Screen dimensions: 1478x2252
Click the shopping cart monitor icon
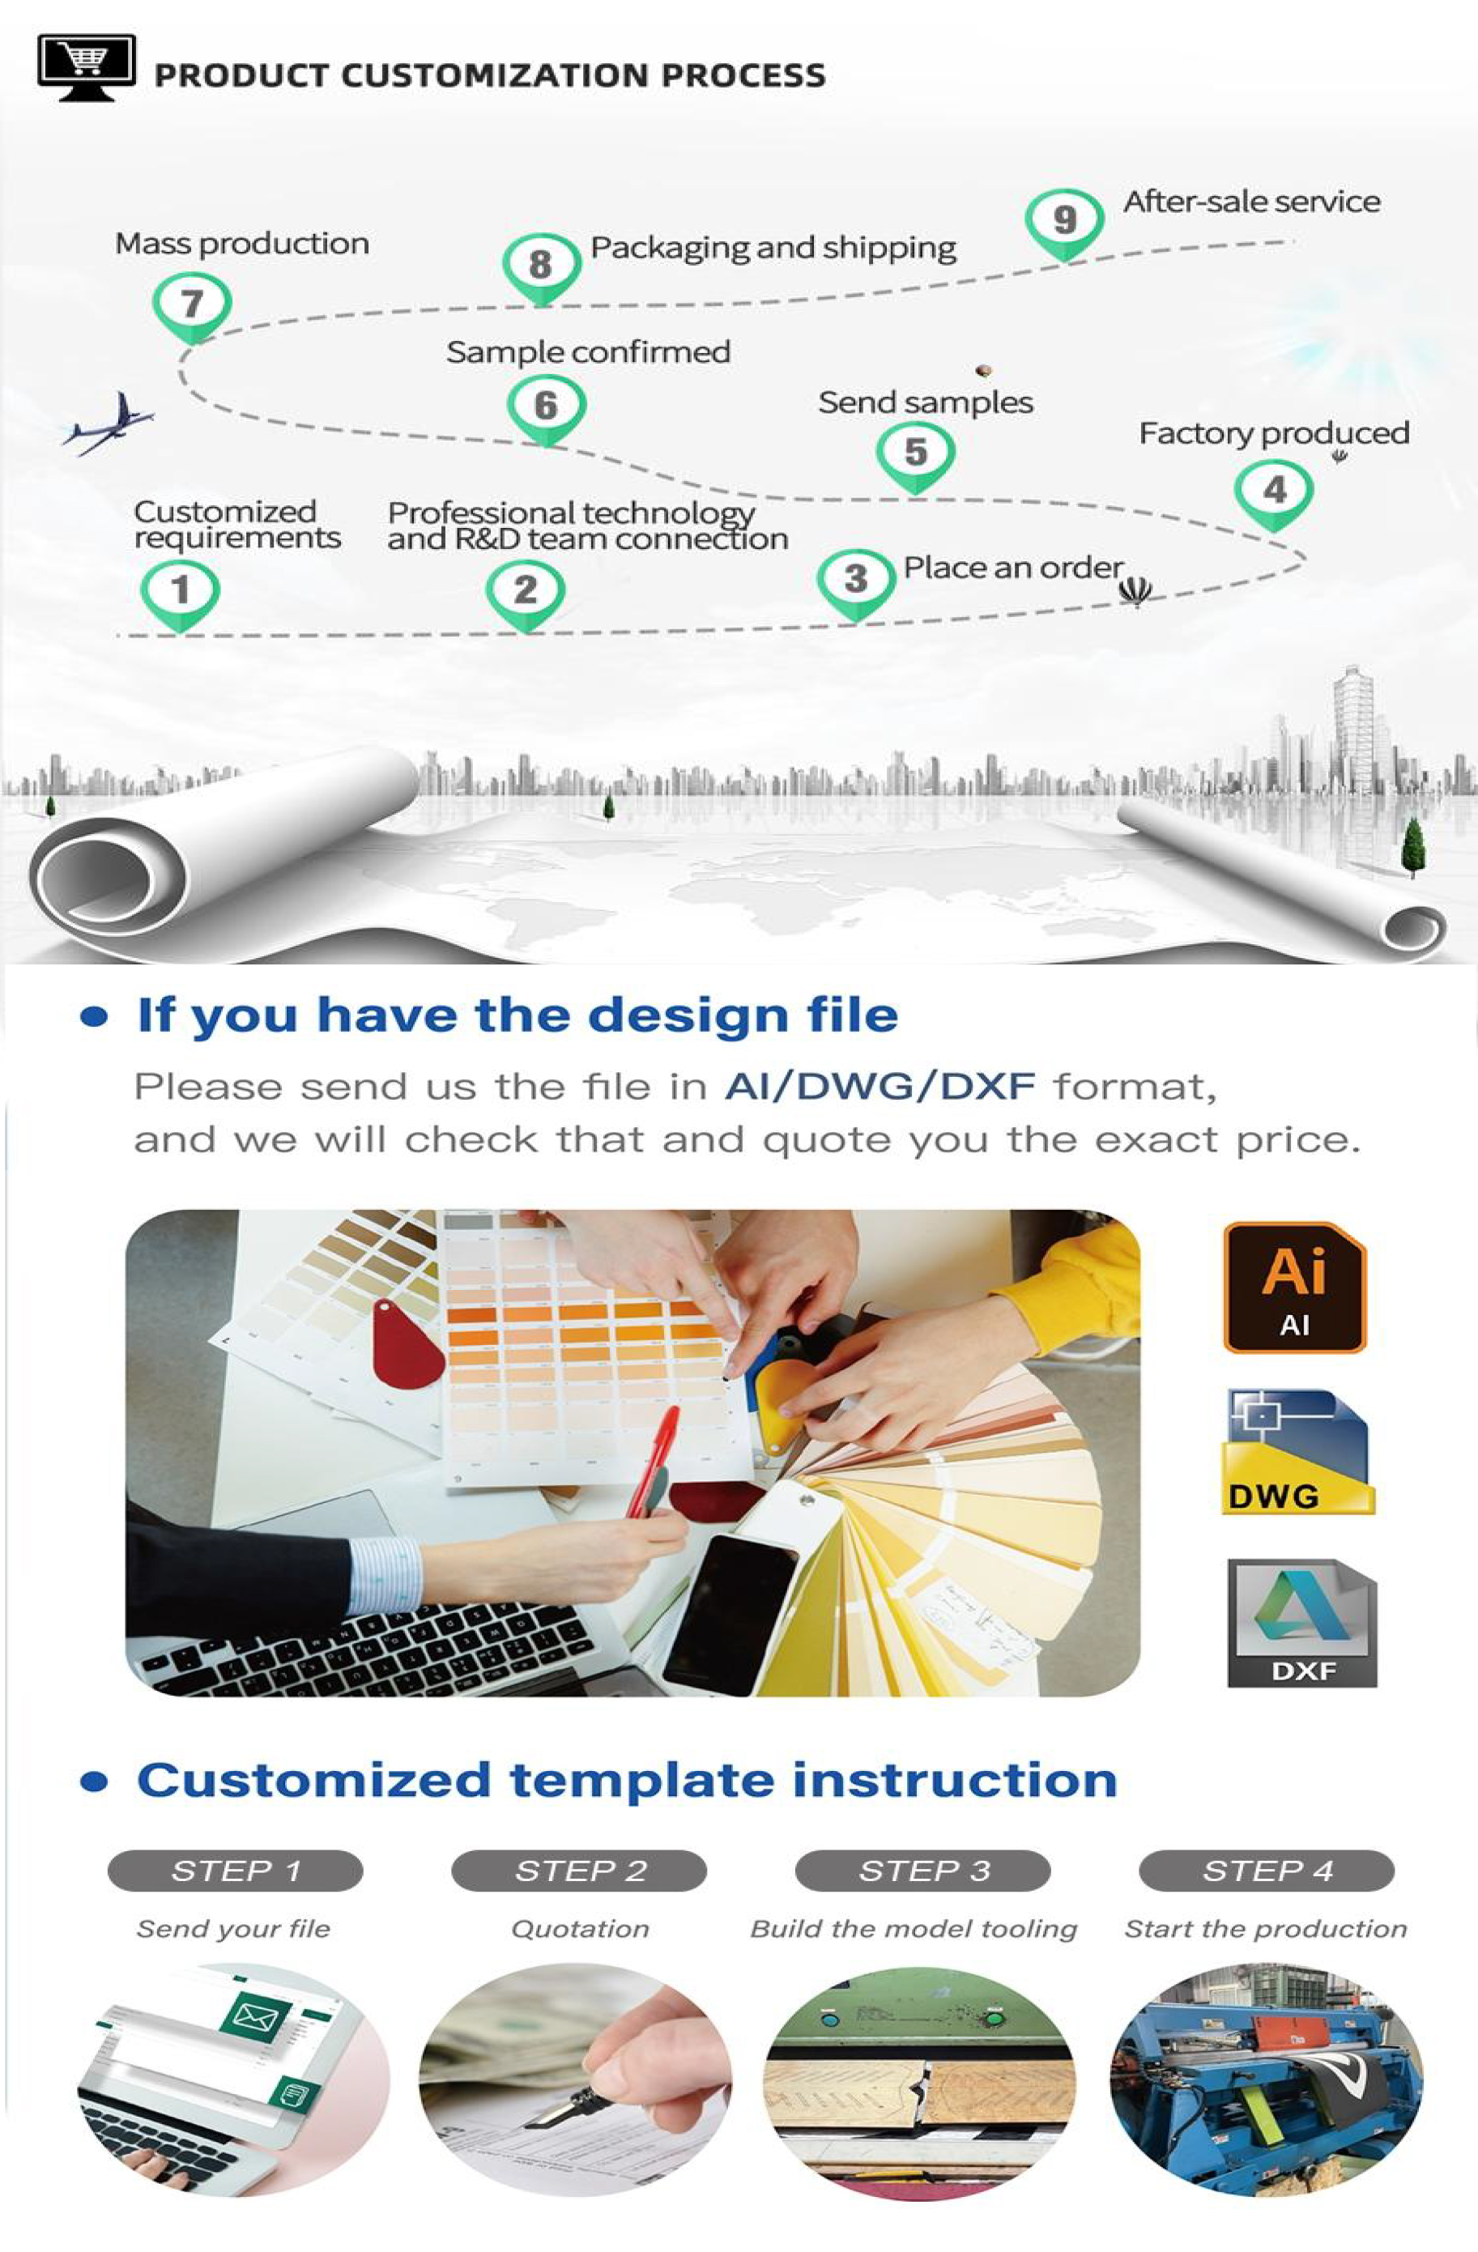coord(86,68)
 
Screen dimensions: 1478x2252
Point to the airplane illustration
coord(107,424)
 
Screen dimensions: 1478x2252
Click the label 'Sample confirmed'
coord(588,352)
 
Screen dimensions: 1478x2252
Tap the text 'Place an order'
coord(1012,568)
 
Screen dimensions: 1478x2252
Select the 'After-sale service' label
coord(1252,202)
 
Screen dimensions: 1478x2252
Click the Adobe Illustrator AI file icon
coord(1294,1287)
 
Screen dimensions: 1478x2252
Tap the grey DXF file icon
coord(1302,1623)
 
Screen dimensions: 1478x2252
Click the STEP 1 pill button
coord(236,1871)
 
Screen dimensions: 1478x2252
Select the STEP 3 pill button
coord(923,1871)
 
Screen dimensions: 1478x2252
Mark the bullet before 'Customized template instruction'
coord(94,1782)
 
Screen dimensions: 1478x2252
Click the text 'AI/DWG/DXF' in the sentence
coord(879,1086)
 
